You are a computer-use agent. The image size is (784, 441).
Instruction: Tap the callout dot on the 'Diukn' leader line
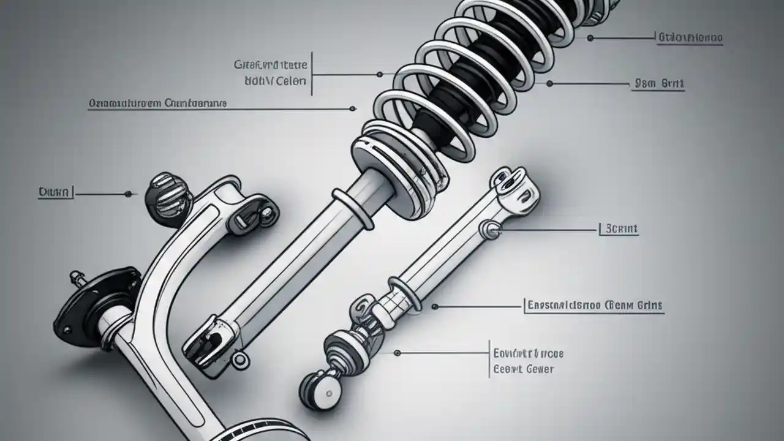coord(128,194)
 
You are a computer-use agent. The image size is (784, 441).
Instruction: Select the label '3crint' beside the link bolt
coord(620,229)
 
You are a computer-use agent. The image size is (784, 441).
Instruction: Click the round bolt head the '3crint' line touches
coord(492,230)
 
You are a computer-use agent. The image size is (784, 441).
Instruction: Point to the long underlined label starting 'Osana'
coord(157,104)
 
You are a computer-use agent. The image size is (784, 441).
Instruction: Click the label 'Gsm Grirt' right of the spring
coord(659,85)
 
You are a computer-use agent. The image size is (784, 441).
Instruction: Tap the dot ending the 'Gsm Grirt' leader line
coord(549,83)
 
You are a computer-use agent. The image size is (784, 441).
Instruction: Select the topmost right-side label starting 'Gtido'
coord(690,38)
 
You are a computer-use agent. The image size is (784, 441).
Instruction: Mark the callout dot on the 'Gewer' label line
coord(397,353)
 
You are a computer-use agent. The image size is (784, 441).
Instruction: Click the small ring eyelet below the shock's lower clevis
coord(240,358)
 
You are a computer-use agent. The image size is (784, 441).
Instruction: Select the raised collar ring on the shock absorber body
coord(353,208)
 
